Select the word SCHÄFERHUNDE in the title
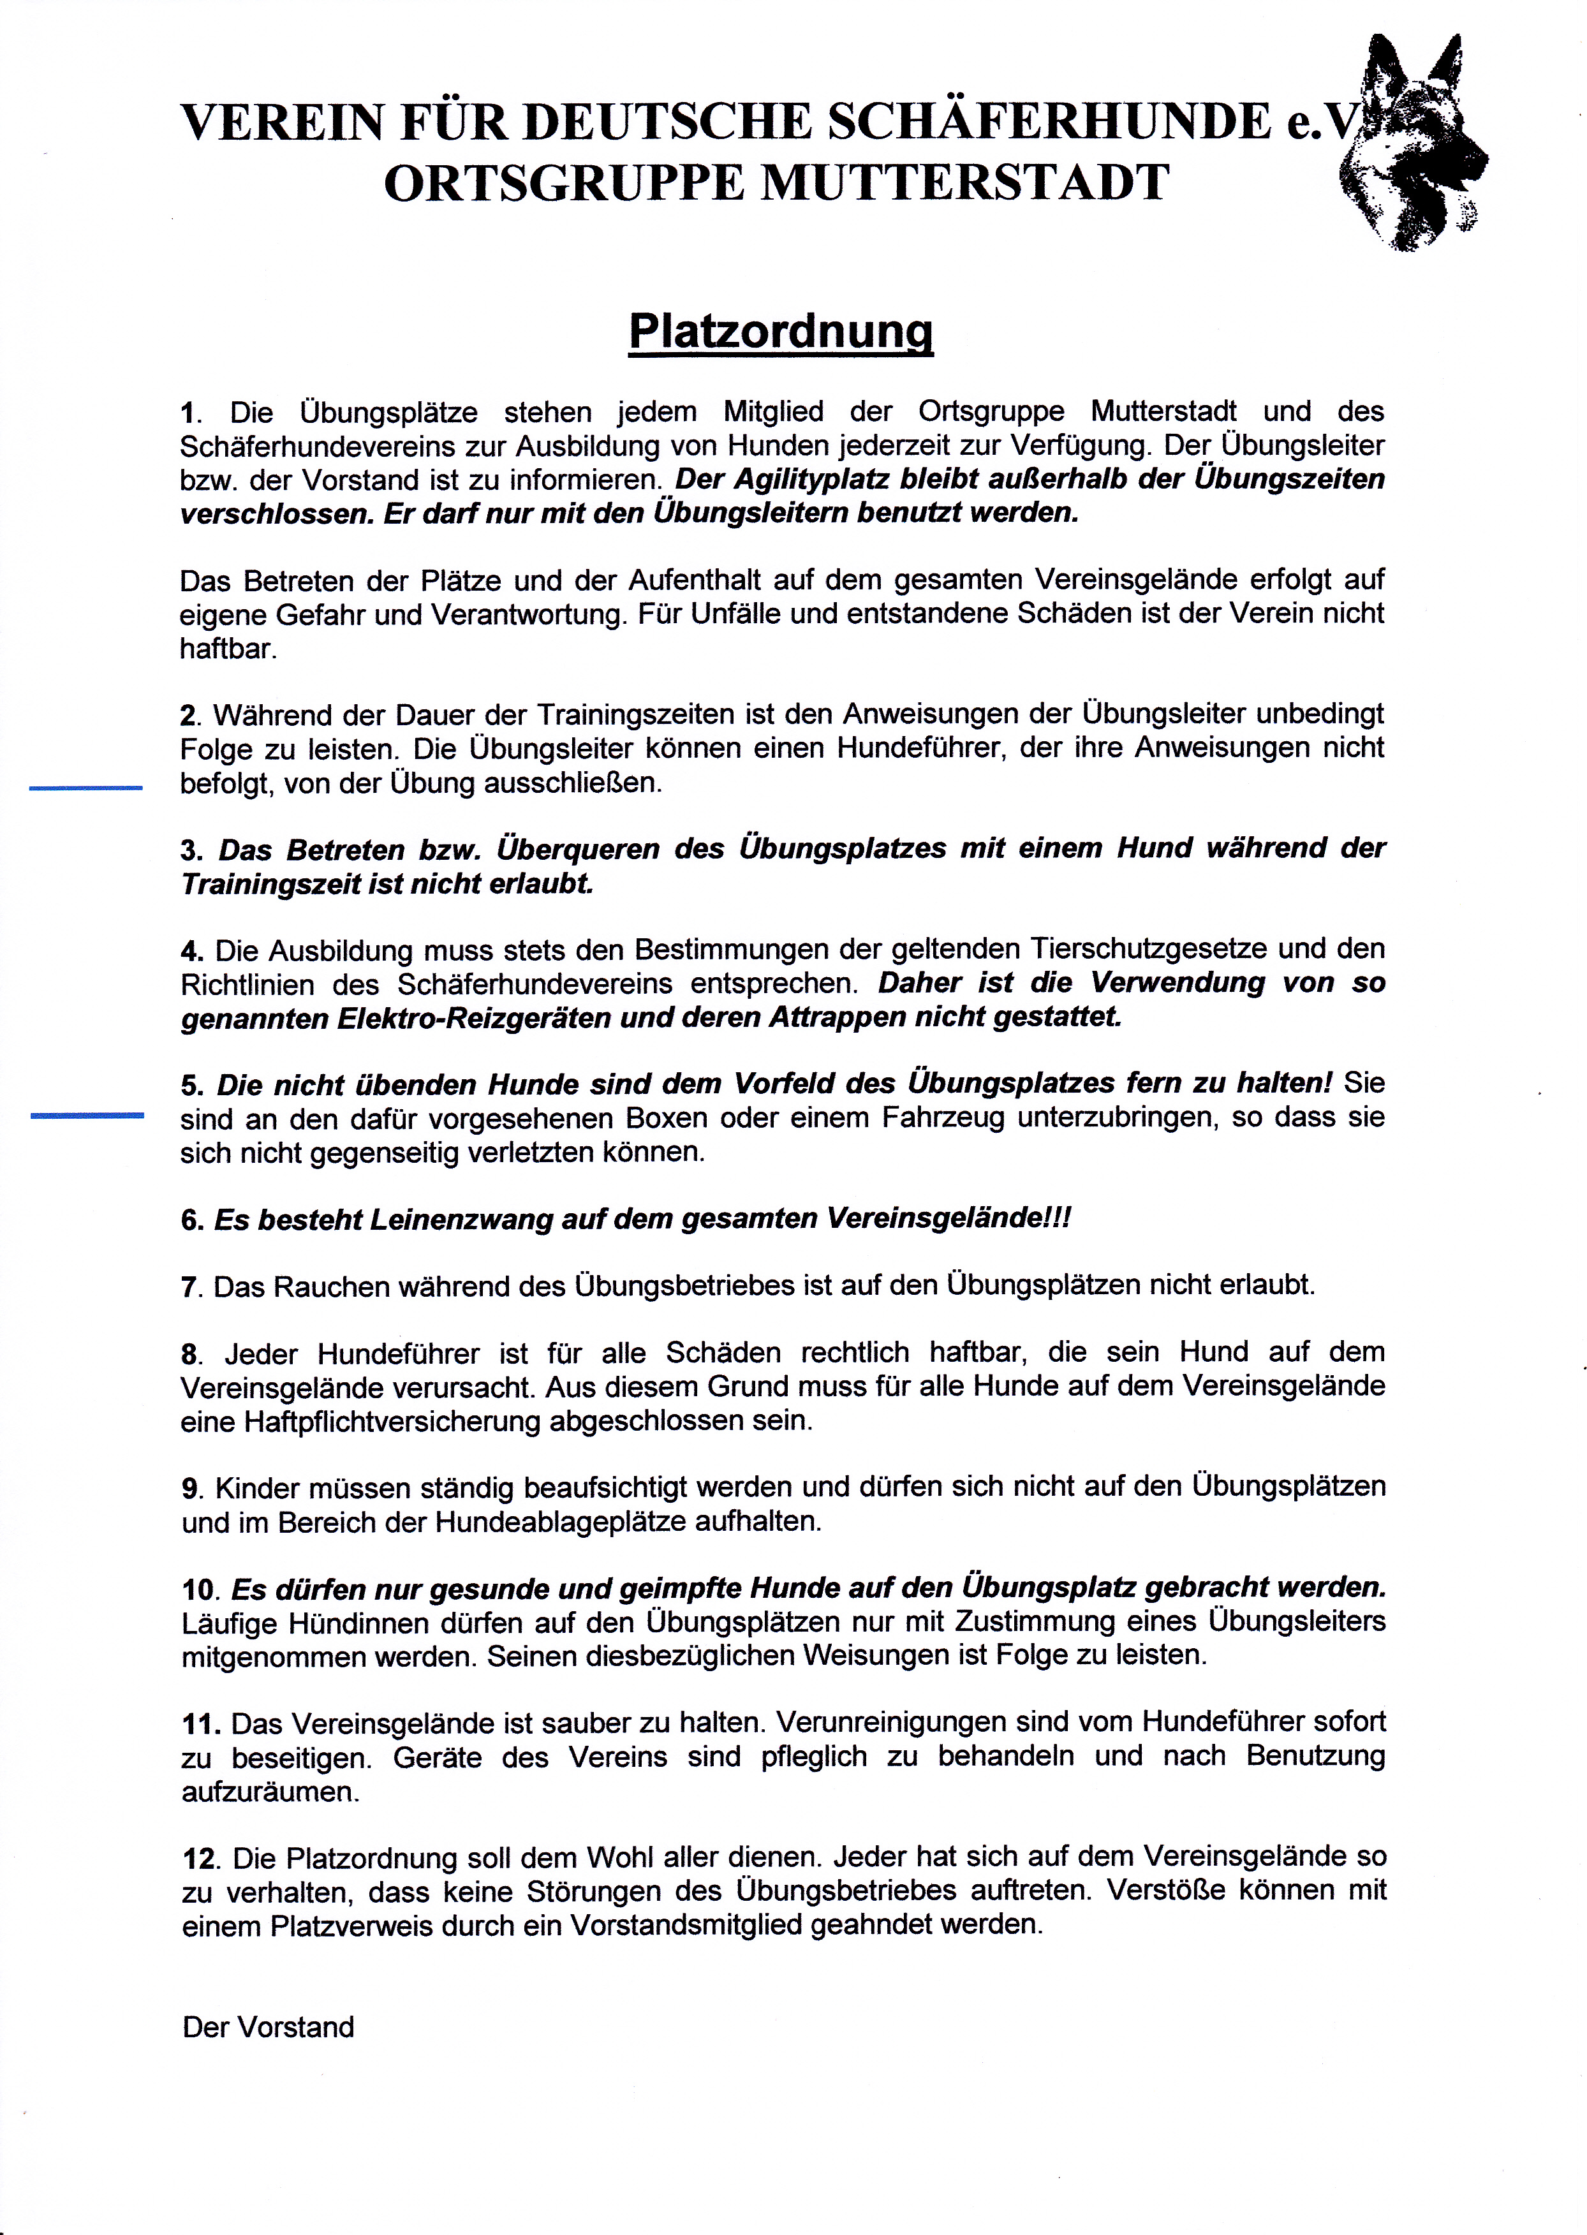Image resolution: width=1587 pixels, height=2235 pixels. (1049, 122)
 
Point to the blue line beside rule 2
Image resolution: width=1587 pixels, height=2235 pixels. (86, 786)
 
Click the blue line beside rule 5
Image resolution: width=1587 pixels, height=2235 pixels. (86, 1114)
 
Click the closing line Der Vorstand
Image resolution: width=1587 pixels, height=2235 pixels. (268, 2027)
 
